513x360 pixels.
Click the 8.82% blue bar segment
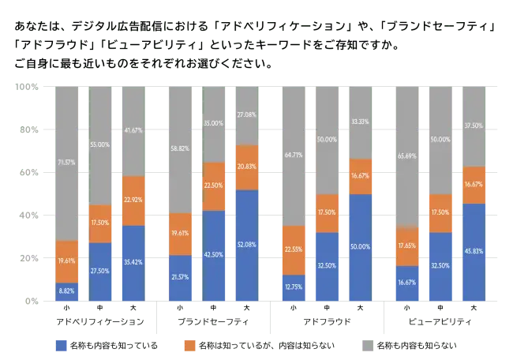point(67,291)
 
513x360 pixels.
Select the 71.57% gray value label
point(67,163)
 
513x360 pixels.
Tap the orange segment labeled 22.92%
point(133,201)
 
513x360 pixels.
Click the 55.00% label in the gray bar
point(99,145)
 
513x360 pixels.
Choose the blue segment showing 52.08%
point(246,245)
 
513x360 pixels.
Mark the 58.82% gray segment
point(181,149)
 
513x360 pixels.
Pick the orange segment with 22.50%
point(214,186)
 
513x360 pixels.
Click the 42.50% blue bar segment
point(214,255)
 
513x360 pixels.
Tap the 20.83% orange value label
point(246,167)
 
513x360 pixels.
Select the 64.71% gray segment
point(294,156)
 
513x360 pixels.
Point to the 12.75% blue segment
point(294,287)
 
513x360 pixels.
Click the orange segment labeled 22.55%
point(294,250)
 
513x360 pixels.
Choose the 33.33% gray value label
point(359,122)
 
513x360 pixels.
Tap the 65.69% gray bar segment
point(407,156)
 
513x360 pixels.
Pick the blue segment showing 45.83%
point(473,252)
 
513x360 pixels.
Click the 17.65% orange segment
point(407,246)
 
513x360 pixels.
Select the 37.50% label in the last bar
point(473,125)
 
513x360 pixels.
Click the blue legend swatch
point(62,346)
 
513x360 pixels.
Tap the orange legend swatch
point(189,346)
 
